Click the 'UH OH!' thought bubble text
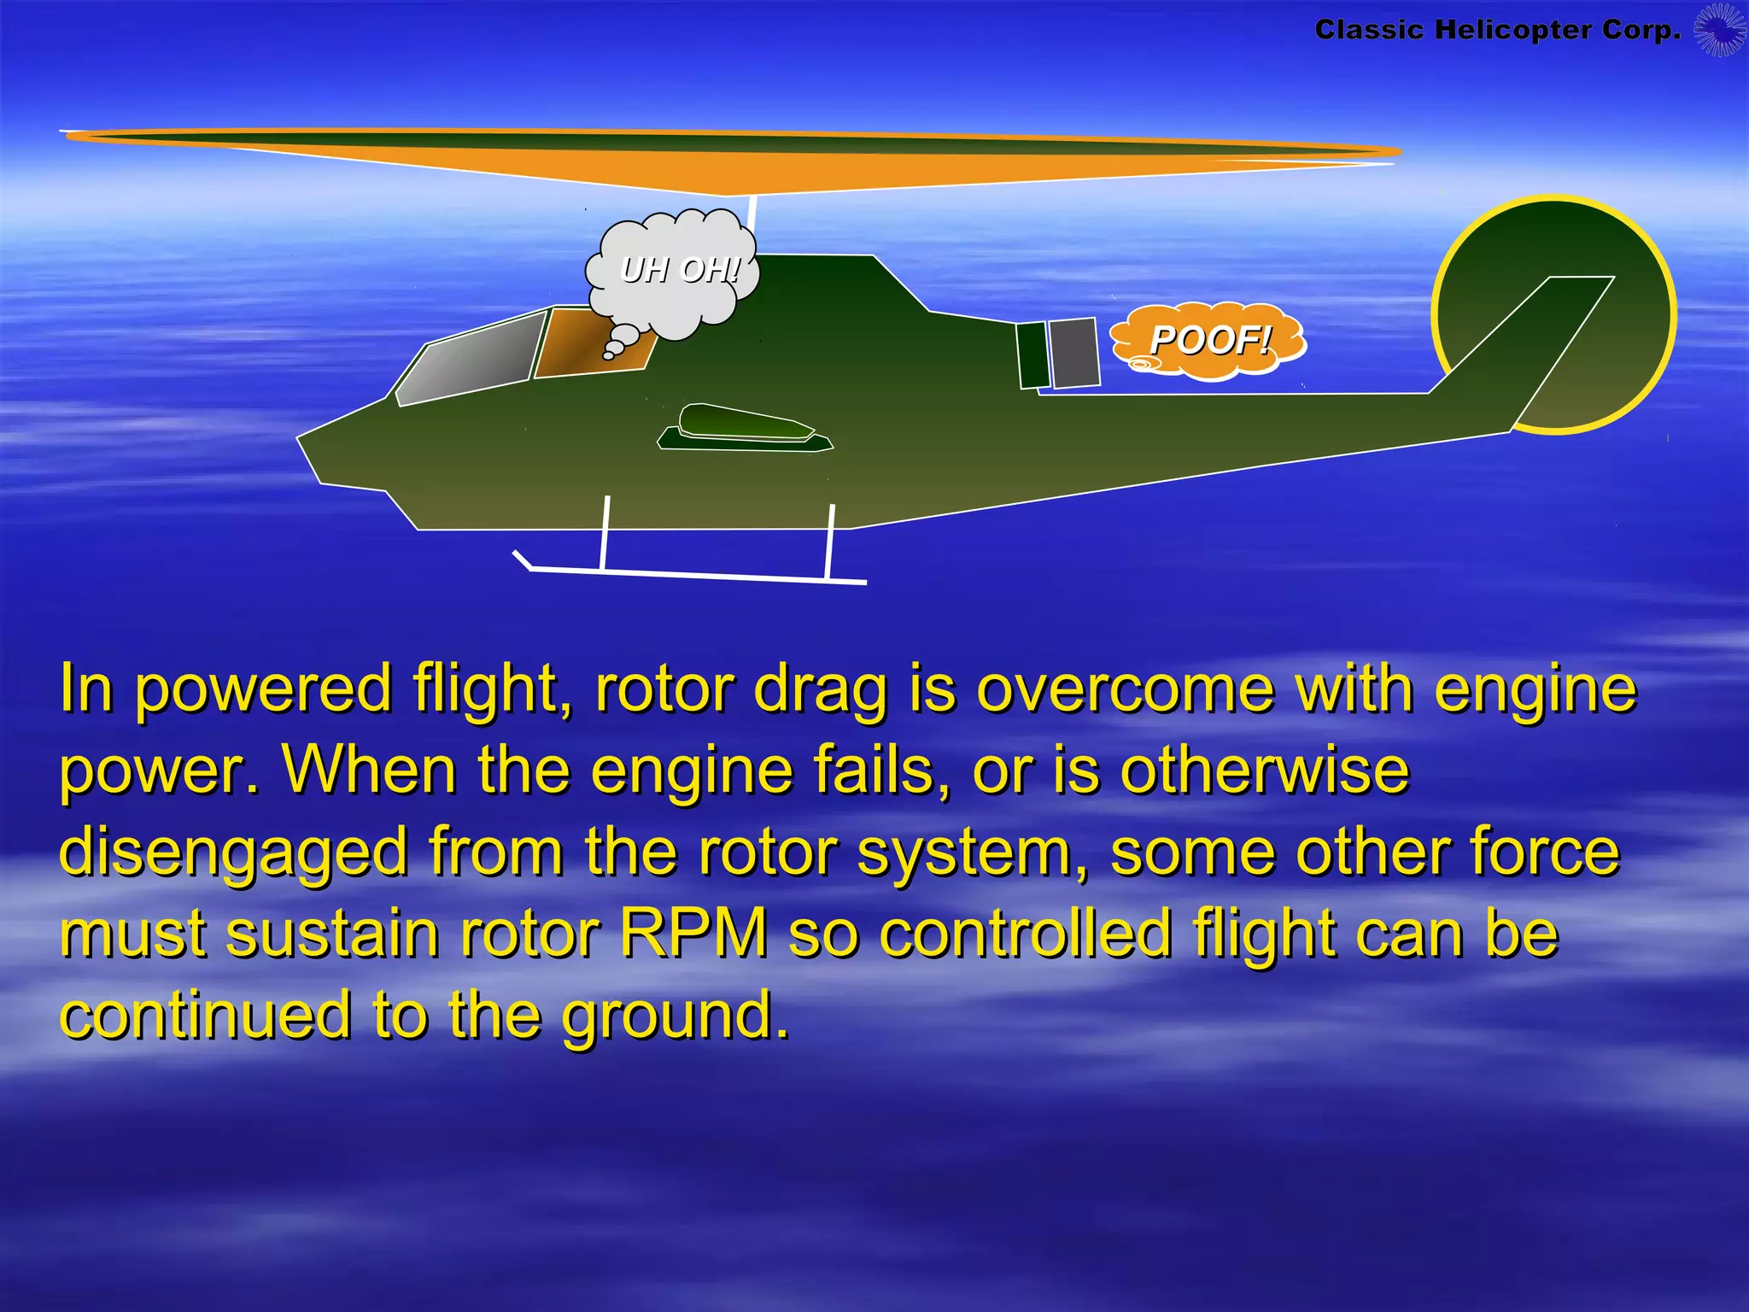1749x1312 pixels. point(680,270)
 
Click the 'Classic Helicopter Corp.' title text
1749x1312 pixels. point(1497,30)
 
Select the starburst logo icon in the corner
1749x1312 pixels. point(1719,30)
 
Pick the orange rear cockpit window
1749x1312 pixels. point(589,342)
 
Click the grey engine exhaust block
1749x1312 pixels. point(1074,352)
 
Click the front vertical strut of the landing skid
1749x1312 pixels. point(605,531)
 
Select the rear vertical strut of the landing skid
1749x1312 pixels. point(829,540)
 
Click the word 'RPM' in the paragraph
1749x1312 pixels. point(693,934)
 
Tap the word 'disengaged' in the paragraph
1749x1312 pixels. point(233,853)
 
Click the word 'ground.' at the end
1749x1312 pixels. point(675,1015)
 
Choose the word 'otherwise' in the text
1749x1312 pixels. point(1264,770)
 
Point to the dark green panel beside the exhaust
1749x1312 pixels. point(1033,354)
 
